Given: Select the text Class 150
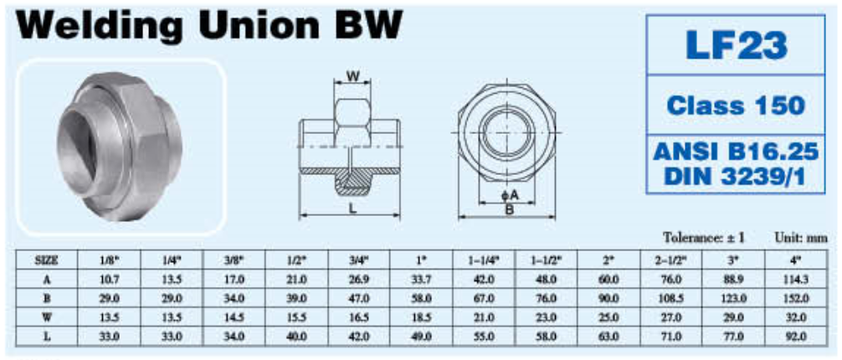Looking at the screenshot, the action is (736, 105).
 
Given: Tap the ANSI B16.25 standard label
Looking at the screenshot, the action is (736, 152).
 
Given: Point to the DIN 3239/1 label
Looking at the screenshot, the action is (736, 177).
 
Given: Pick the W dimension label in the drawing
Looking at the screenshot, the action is (352, 76).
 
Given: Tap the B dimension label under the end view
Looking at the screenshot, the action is (509, 211).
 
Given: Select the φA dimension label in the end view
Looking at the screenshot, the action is (509, 196).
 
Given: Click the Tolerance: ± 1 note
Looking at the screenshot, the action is (704, 237).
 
